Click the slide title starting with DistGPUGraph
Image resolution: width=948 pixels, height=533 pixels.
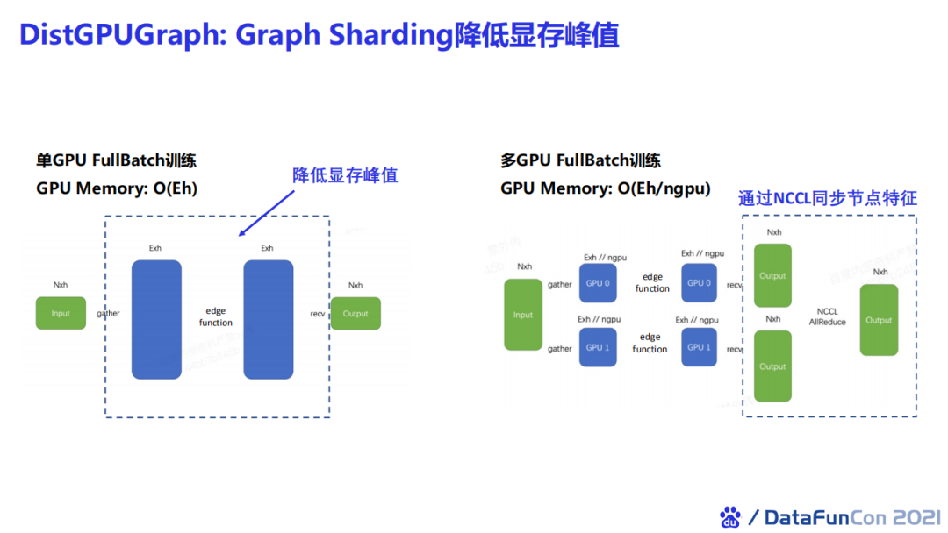(319, 34)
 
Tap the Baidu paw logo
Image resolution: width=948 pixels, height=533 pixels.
(729, 516)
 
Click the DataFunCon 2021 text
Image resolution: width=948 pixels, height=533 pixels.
(845, 517)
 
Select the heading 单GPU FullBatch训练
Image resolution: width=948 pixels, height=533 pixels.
(116, 160)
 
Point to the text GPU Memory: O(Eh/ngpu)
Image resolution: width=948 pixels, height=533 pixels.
(606, 188)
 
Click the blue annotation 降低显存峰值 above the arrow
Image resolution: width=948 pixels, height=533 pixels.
(345, 175)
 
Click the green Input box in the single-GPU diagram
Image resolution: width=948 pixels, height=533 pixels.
(61, 313)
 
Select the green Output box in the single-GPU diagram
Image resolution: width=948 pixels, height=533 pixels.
(355, 313)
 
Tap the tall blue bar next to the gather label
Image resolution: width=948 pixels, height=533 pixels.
(156, 319)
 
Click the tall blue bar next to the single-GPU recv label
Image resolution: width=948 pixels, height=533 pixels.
(268, 319)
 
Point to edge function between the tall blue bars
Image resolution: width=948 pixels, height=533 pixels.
(215, 316)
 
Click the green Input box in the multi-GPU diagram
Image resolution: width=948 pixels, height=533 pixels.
(523, 315)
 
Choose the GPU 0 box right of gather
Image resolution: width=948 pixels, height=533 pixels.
(598, 283)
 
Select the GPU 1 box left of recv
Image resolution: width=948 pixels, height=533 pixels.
(699, 347)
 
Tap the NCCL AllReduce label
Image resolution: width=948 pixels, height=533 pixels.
(827, 316)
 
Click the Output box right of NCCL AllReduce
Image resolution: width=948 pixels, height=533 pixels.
(879, 320)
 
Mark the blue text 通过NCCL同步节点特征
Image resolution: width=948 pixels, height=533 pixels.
(827, 198)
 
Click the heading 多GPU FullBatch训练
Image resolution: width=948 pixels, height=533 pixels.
(580, 160)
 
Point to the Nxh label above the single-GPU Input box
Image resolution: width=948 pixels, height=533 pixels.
(61, 285)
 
